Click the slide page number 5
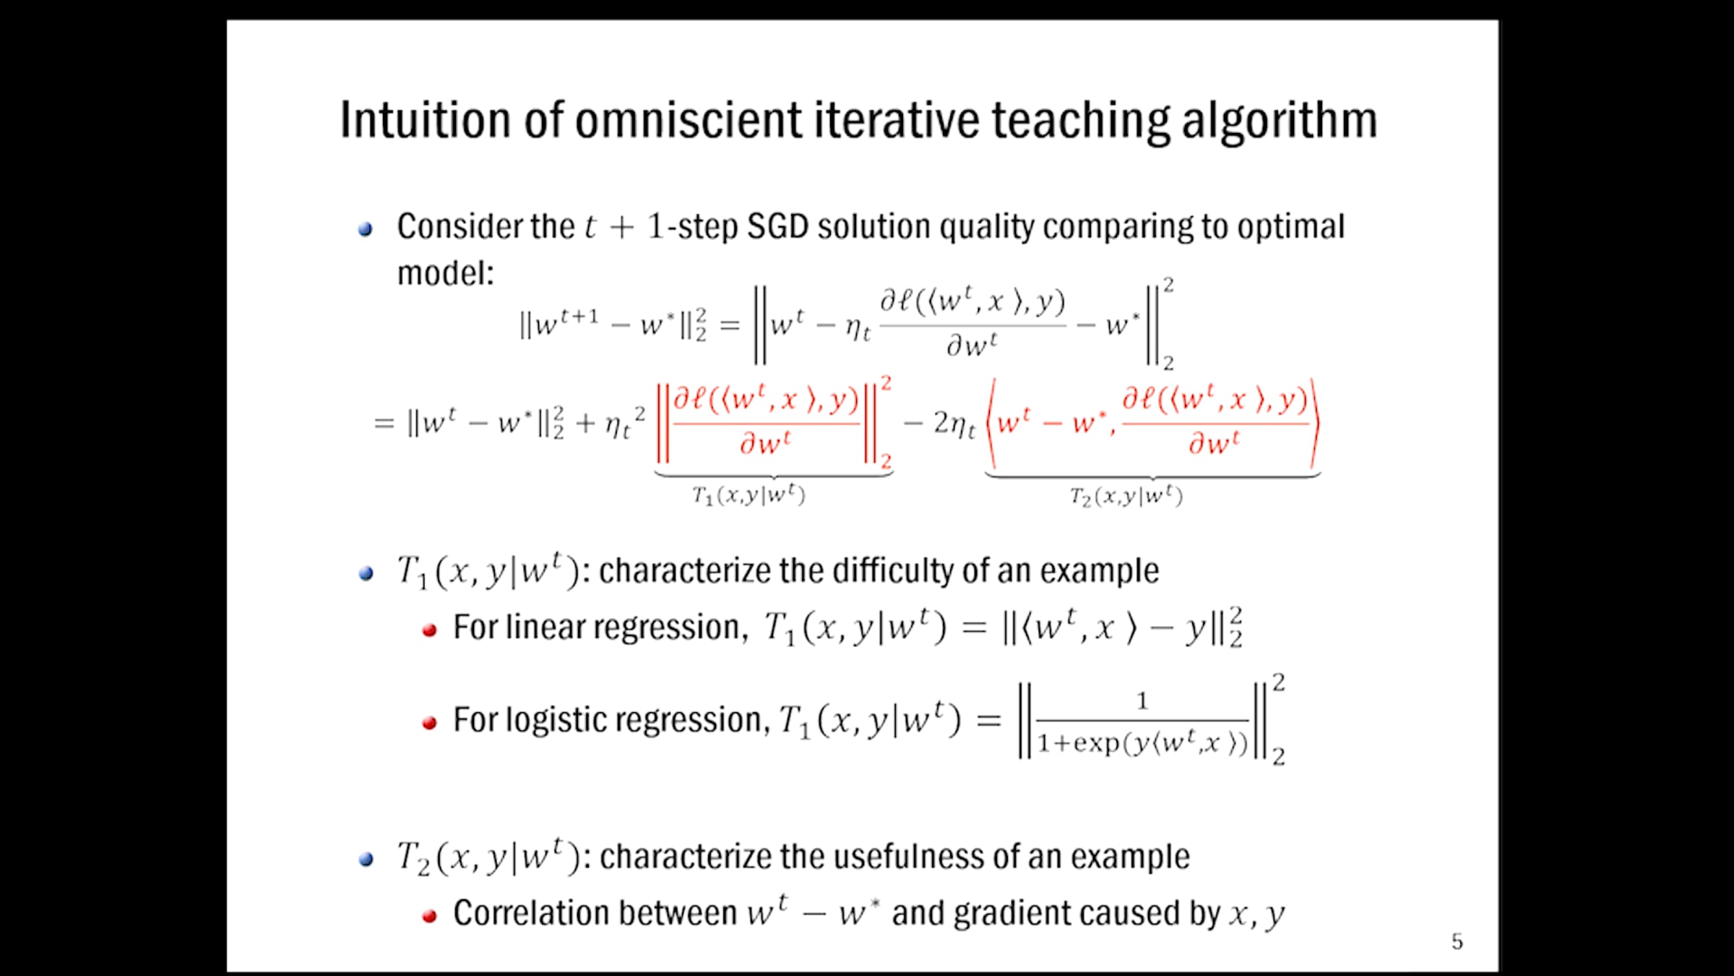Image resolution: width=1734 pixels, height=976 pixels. click(1457, 941)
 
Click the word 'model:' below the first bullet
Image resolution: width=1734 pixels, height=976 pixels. click(446, 273)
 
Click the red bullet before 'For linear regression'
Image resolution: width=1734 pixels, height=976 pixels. click(430, 630)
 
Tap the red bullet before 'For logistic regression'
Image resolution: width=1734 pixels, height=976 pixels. click(430, 723)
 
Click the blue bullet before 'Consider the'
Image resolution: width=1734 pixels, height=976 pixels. click(366, 230)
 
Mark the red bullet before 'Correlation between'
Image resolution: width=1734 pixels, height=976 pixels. click(430, 917)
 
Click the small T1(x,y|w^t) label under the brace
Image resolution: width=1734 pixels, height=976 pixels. click(749, 495)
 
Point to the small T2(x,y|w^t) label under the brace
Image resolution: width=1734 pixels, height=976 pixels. click(1126, 496)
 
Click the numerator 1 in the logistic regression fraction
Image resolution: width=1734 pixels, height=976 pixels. click(1142, 701)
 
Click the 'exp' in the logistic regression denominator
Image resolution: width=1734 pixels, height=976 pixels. click(1097, 744)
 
